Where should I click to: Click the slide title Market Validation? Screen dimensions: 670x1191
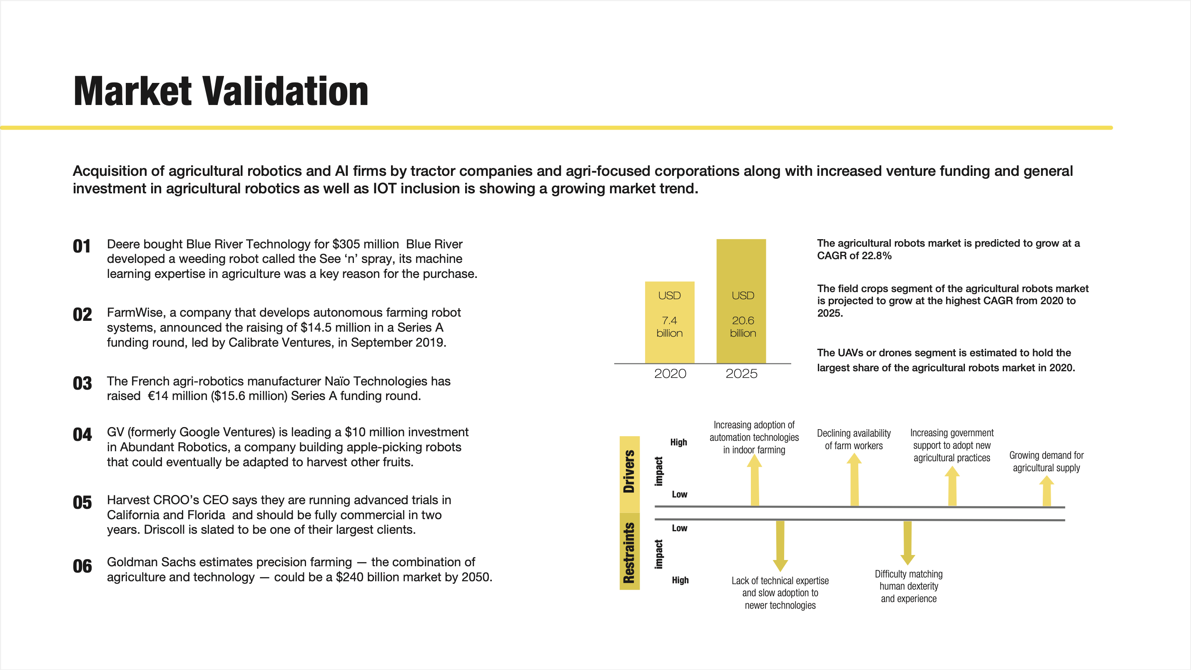coord(221,91)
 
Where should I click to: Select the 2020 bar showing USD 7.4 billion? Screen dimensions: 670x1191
coord(670,322)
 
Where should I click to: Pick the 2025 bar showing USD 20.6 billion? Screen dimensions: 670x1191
coord(741,301)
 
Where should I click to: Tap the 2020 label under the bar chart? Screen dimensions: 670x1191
coord(670,374)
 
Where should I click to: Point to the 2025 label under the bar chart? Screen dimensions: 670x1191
coord(741,374)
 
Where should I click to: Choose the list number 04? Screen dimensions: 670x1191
coord(82,435)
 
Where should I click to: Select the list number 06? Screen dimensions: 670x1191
coord(82,566)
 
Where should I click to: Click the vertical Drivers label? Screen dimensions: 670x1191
coord(629,472)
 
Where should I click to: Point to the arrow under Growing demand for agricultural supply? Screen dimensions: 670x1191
coord(1047,491)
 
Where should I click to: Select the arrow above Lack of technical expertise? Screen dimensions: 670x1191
coord(780,545)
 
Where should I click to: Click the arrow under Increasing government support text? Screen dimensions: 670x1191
coord(952,486)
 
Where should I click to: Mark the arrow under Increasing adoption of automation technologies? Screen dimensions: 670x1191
coord(755,480)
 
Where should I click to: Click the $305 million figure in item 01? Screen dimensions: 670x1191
coord(365,244)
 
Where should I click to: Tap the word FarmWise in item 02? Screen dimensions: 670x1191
coord(135,313)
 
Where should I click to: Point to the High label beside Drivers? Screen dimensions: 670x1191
coord(679,442)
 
